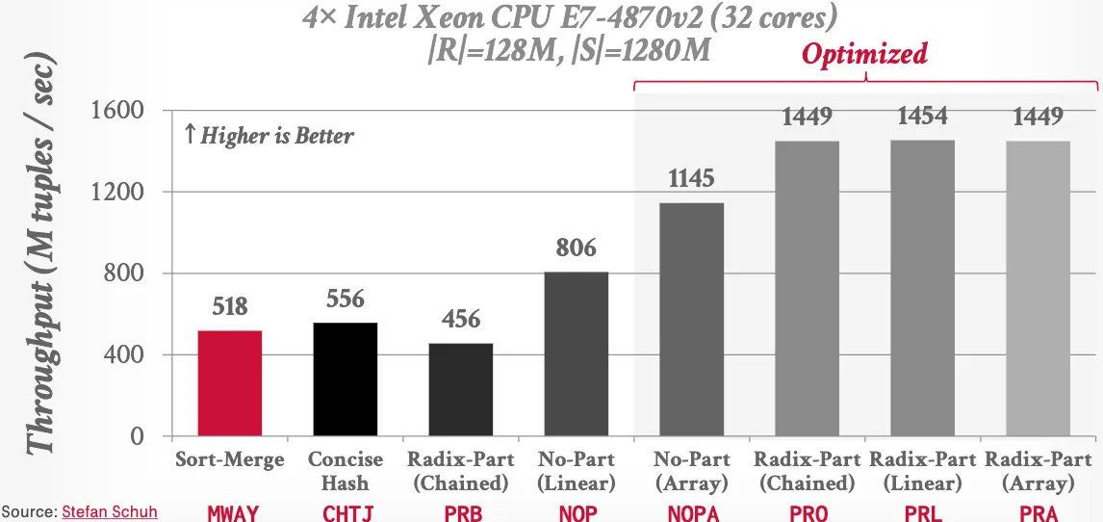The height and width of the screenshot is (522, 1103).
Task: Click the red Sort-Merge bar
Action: [x=230, y=383]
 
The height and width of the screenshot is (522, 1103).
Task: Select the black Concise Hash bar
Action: [x=346, y=379]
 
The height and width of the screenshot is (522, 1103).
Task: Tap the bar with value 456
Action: [x=461, y=389]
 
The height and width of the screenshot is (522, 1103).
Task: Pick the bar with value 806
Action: [x=577, y=353]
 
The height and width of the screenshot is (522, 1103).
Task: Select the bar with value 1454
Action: [x=922, y=288]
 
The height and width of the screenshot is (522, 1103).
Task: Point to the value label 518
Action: [x=230, y=307]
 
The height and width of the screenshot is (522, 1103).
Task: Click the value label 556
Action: [x=346, y=300]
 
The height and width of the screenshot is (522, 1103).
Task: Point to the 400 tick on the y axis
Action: [x=124, y=355]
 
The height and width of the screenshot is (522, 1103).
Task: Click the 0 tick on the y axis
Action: [x=138, y=436]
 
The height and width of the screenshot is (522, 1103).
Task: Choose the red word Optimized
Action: [x=864, y=54]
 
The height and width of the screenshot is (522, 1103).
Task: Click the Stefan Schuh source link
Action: [x=109, y=511]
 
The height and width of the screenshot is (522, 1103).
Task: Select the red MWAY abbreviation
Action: [x=233, y=512]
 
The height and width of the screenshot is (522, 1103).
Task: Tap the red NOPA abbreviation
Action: [x=693, y=512]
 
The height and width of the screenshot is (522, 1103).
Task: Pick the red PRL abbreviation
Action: [x=922, y=512]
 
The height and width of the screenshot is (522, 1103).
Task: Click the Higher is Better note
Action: [x=269, y=136]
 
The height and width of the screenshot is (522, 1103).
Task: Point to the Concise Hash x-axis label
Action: [x=346, y=471]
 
